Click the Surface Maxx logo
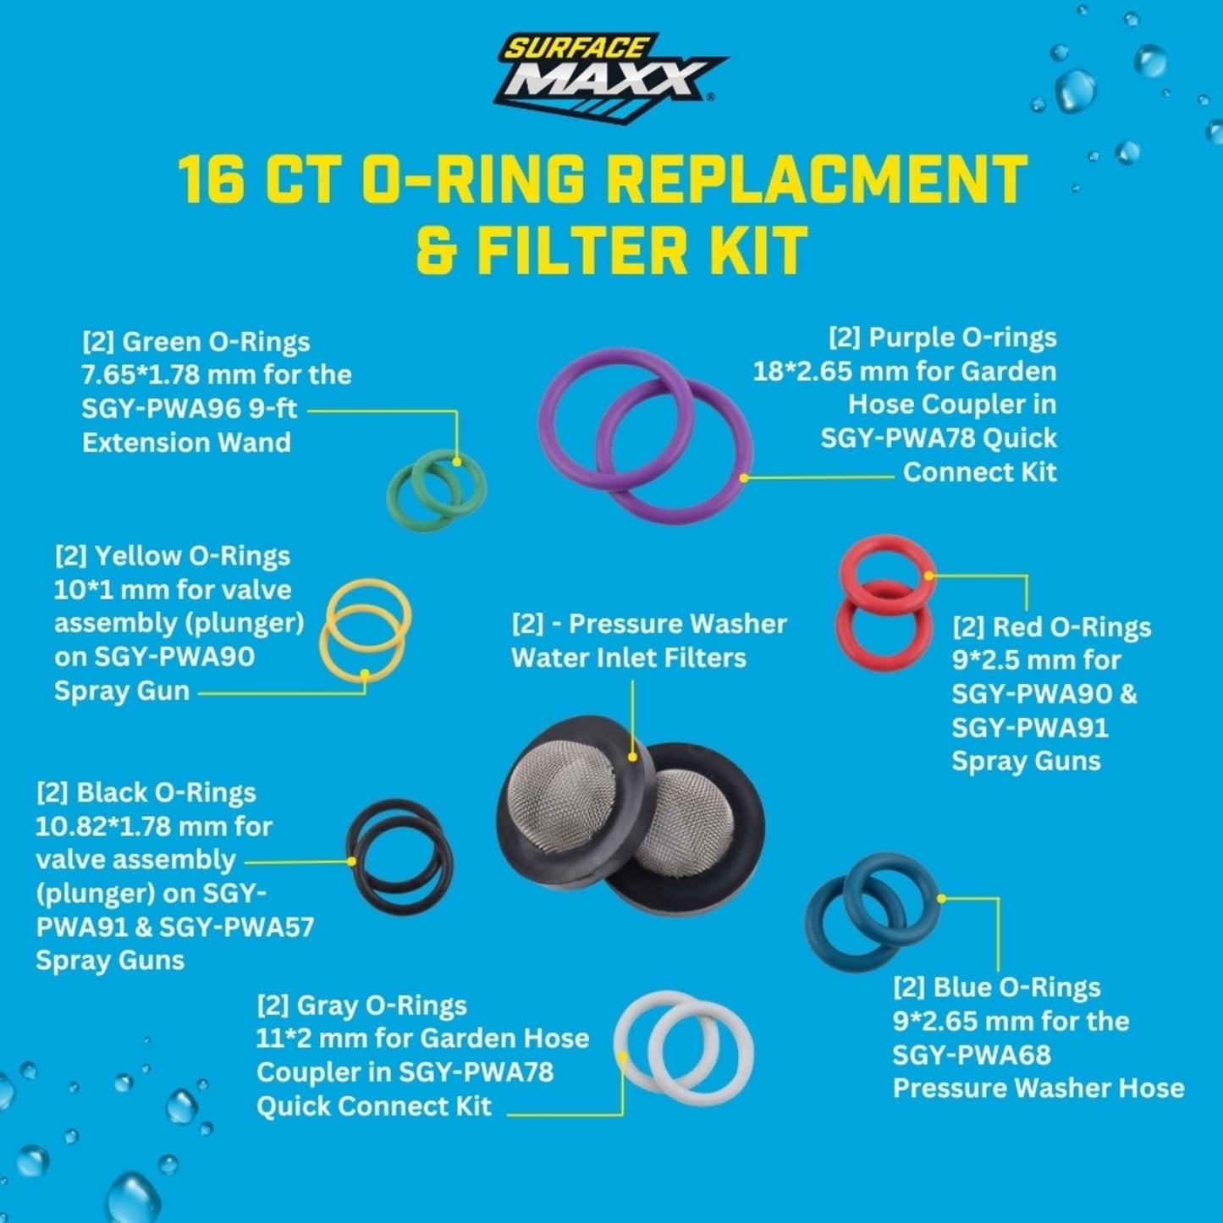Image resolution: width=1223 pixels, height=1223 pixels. click(x=610, y=77)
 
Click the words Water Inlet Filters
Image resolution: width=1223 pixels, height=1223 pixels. click(x=629, y=658)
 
